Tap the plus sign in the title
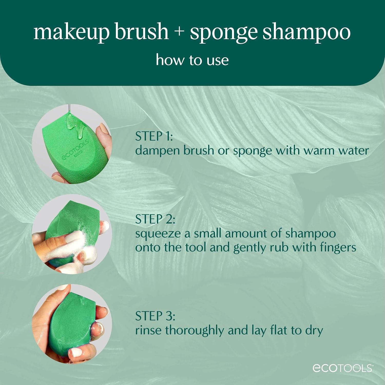179,32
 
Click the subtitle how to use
192,60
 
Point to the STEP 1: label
154,136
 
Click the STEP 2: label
155,219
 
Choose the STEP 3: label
155,316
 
